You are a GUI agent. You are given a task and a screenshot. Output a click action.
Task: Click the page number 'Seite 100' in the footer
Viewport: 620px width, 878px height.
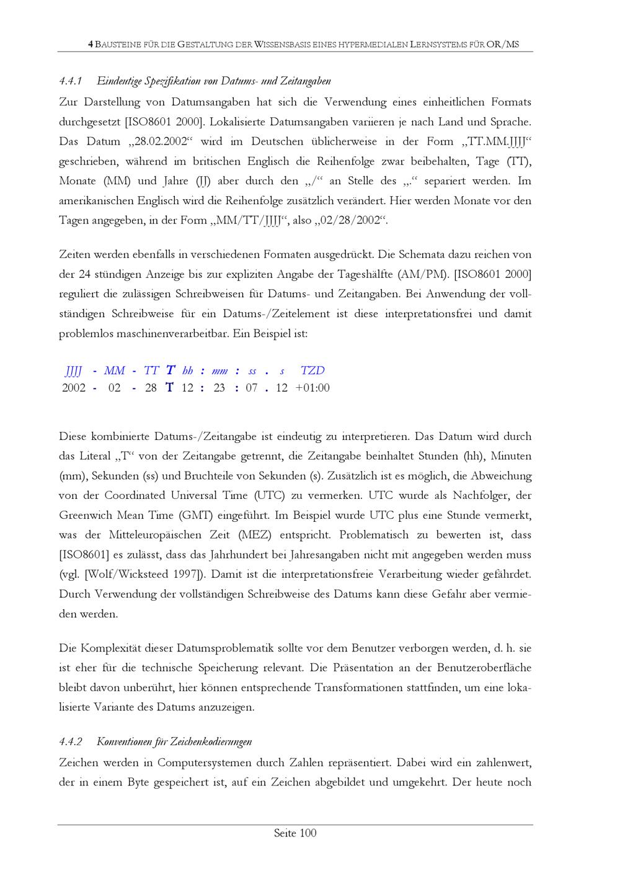pos(295,833)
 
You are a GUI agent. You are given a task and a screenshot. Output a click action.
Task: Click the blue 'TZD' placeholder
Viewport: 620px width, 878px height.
pos(312,371)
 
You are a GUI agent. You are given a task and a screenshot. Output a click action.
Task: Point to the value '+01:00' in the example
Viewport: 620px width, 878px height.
pos(312,388)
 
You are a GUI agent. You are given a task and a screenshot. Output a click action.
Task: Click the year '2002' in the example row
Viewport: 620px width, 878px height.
pos(74,388)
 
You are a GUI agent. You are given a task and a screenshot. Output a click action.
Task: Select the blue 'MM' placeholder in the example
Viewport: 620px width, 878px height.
pos(115,371)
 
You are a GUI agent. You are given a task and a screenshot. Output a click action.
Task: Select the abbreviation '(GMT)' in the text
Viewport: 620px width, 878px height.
pos(196,516)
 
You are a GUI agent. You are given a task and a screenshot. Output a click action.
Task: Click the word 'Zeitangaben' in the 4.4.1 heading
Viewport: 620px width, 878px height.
pos(306,81)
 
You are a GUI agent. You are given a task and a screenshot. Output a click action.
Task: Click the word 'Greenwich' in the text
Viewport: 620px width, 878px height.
pos(86,516)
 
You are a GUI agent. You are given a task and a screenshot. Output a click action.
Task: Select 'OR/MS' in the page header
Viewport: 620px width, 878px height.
pos(503,45)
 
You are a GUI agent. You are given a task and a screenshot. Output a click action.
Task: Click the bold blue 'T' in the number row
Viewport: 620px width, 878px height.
pos(169,388)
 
